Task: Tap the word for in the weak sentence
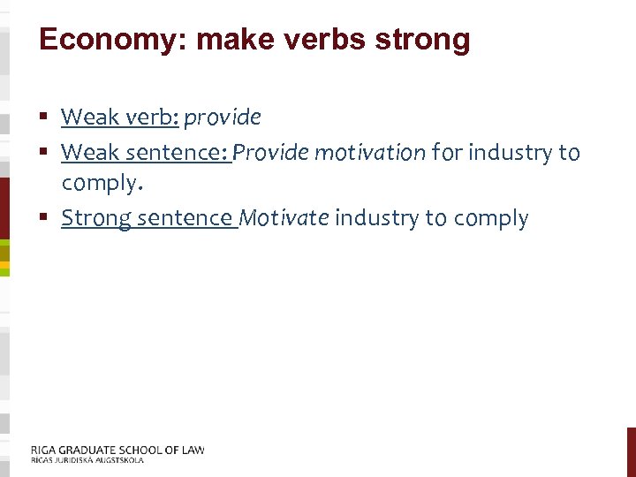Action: (447, 153)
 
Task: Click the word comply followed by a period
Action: (98, 185)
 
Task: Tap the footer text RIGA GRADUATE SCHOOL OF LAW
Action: (117, 450)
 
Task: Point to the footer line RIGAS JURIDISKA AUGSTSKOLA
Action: (87, 460)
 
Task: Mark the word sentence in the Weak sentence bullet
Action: (181, 153)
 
